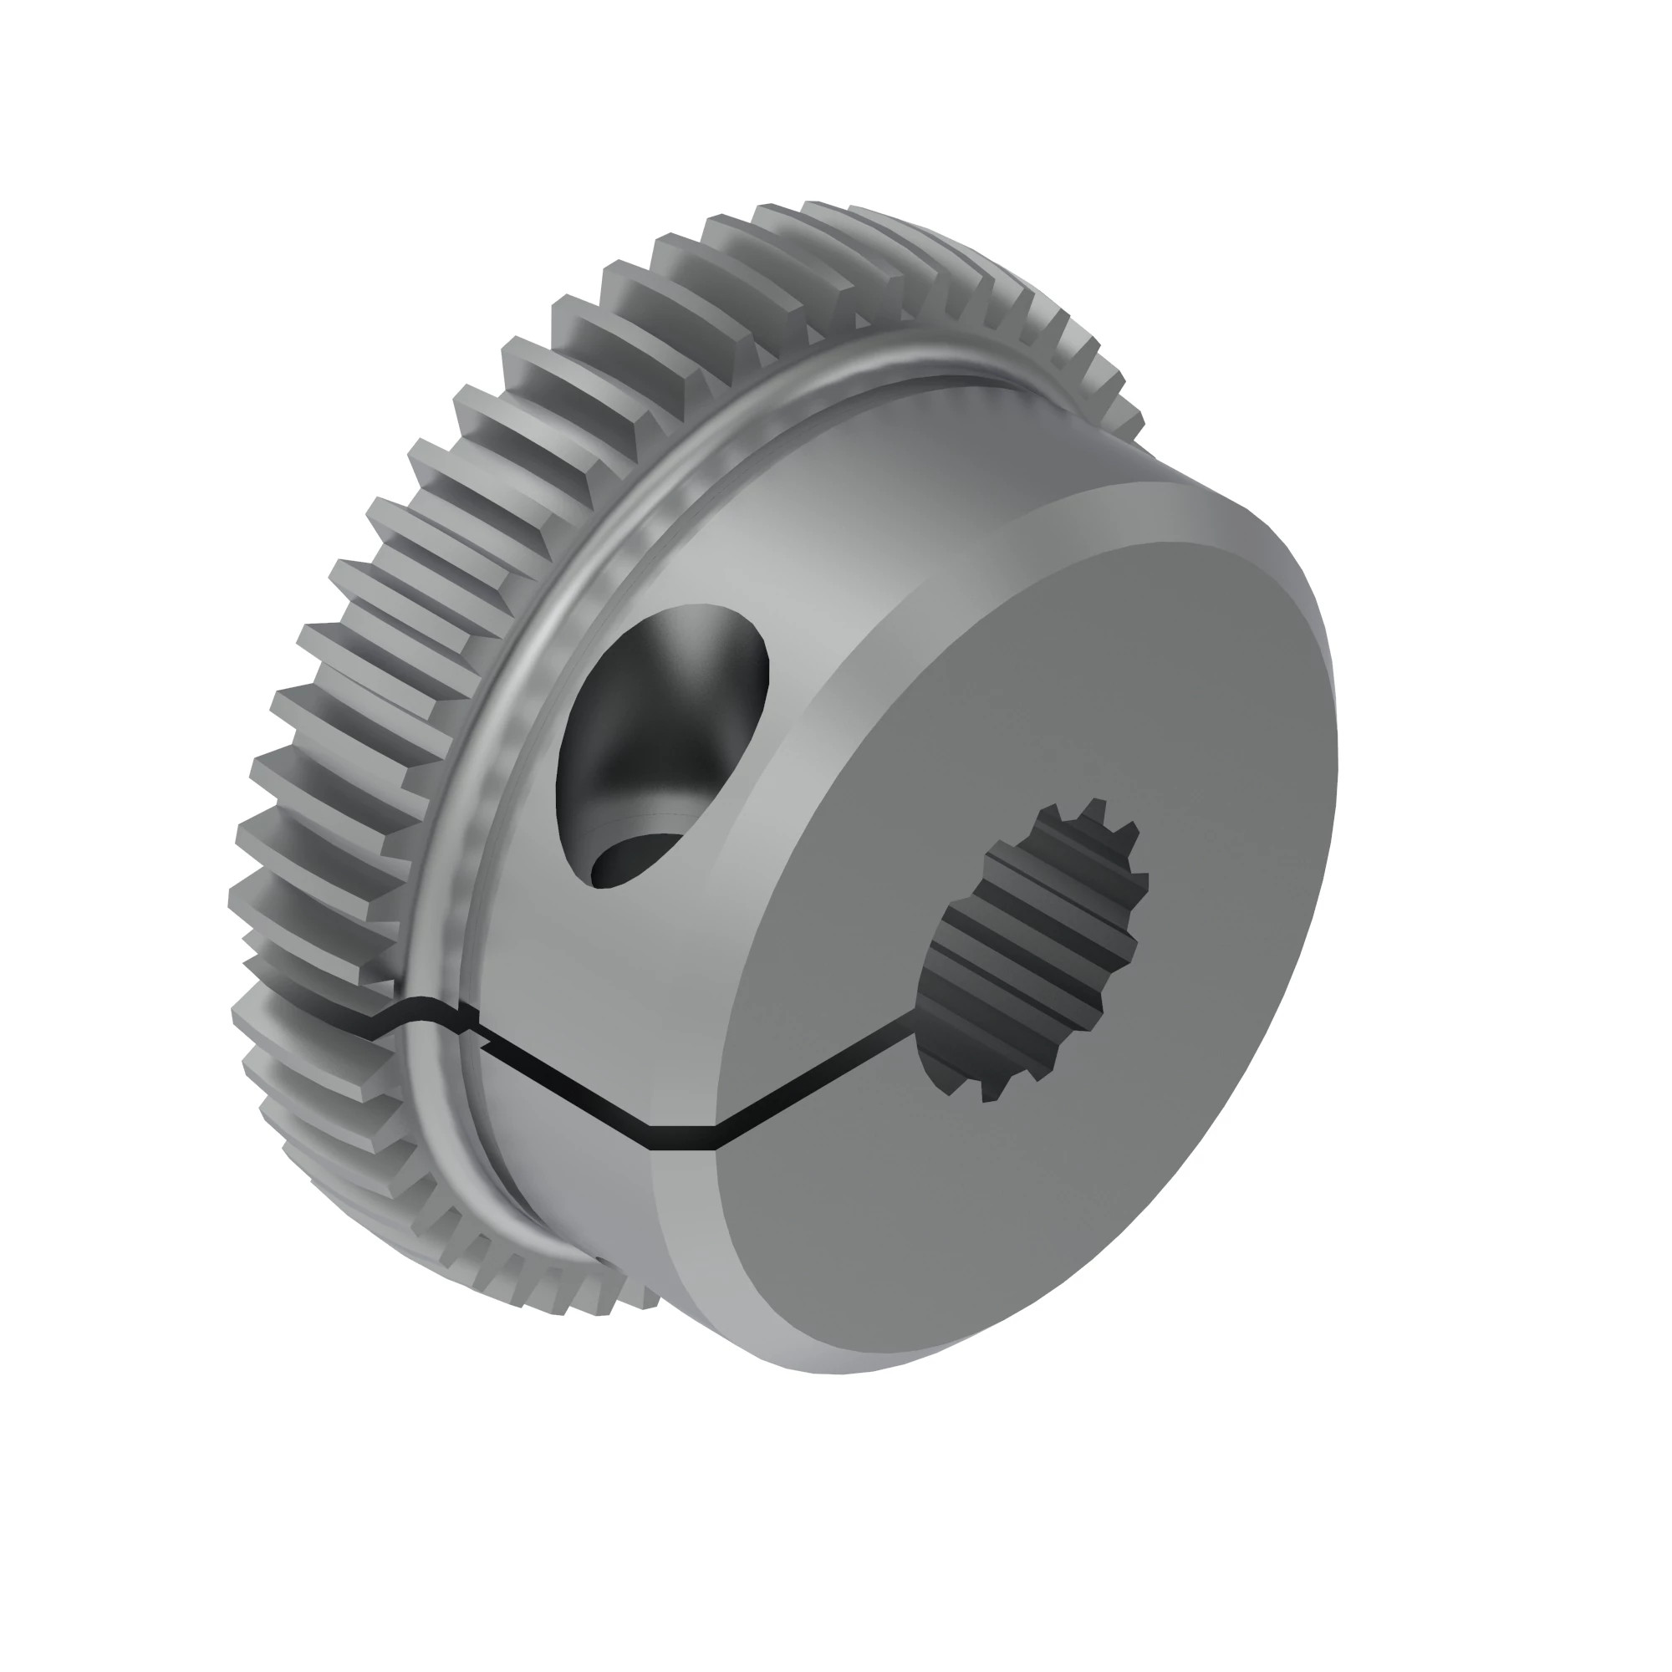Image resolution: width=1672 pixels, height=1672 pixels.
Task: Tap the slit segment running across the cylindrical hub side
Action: point(563,1086)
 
